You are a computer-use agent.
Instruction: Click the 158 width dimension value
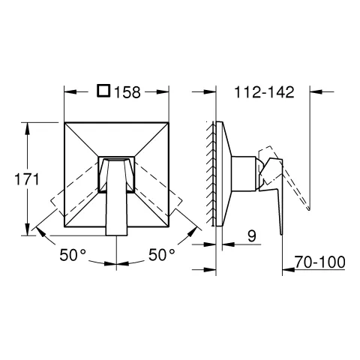click(127, 92)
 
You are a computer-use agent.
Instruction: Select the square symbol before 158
click(103, 91)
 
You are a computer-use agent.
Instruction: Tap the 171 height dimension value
click(27, 179)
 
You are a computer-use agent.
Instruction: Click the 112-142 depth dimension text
click(264, 92)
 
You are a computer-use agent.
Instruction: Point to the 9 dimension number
click(252, 236)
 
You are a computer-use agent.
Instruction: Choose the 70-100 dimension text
click(320, 262)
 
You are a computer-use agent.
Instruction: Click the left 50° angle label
click(73, 255)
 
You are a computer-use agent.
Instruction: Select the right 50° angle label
click(162, 255)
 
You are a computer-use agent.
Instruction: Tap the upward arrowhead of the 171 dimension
click(28, 129)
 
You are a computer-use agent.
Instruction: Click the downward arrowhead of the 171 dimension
click(28, 229)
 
